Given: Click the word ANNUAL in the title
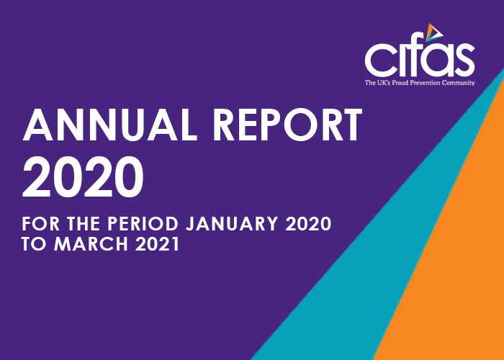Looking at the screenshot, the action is tap(110, 125).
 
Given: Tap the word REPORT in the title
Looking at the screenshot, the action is tap(288, 125).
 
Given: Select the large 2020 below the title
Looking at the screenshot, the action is tap(83, 177).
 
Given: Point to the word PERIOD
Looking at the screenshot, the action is tap(143, 224).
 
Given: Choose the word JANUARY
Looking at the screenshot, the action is tap(232, 224).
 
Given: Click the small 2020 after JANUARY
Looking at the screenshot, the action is tap(308, 224).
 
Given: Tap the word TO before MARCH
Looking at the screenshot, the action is tap(34, 245).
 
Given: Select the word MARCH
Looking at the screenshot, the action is tap(91, 245).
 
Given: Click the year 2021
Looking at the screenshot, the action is tap(157, 245).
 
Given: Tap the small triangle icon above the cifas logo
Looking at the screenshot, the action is tap(434, 32).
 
